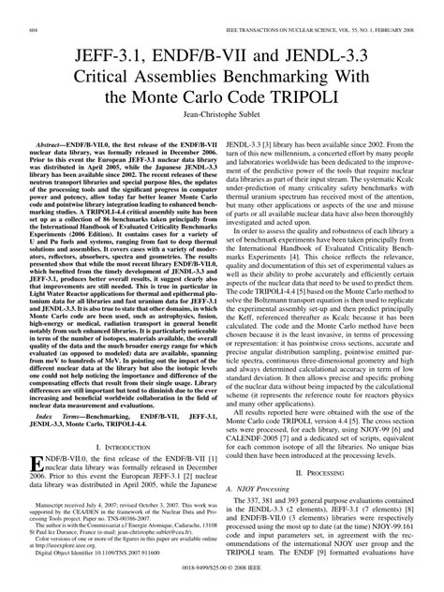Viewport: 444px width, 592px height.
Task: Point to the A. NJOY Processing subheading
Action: tap(260, 490)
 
